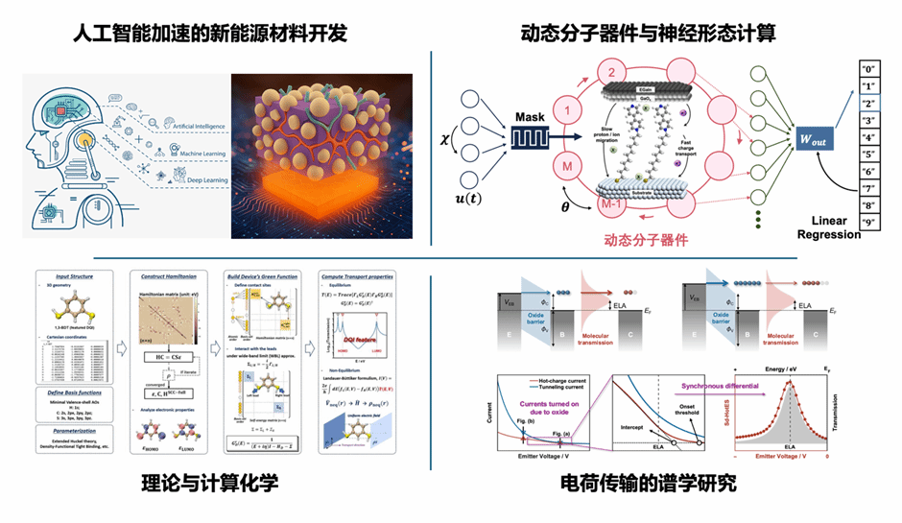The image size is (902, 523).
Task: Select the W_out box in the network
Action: pos(809,140)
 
